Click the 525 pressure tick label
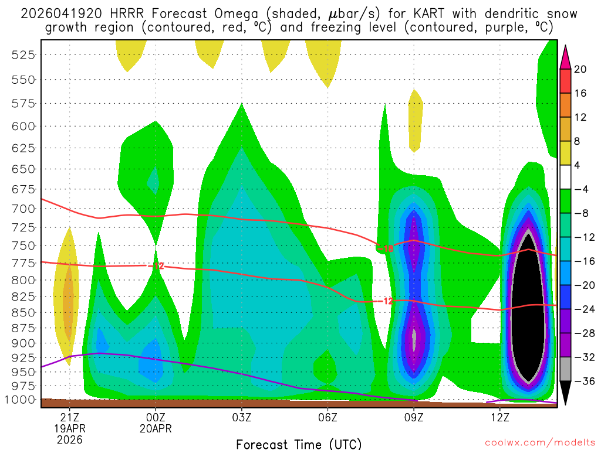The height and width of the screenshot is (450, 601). pyautogui.click(x=23, y=54)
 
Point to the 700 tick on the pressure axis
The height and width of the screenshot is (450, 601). pyautogui.click(x=23, y=209)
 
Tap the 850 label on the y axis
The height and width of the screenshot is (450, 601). pyautogui.click(x=23, y=311)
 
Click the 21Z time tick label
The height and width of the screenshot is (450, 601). pyautogui.click(x=70, y=417)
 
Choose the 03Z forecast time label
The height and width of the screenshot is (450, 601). pyautogui.click(x=242, y=417)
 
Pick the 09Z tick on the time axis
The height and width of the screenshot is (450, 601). pyautogui.click(x=414, y=417)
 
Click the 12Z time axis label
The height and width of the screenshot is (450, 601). pyautogui.click(x=500, y=417)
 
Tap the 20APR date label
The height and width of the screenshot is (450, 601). pyautogui.click(x=156, y=428)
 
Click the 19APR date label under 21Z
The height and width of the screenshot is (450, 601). pyautogui.click(x=70, y=428)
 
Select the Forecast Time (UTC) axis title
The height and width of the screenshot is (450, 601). pyautogui.click(x=299, y=444)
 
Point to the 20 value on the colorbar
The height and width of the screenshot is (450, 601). pyautogui.click(x=580, y=69)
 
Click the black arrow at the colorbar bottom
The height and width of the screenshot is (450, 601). pyautogui.click(x=566, y=393)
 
